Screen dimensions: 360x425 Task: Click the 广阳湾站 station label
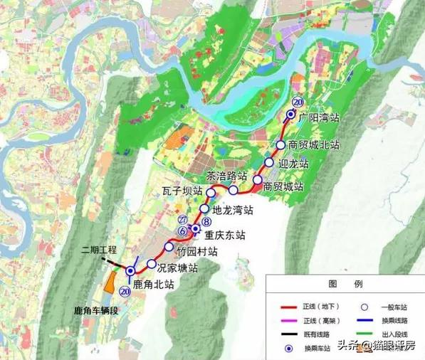(319, 116)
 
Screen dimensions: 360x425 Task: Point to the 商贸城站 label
(283, 187)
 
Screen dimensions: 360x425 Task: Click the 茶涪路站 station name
(226, 176)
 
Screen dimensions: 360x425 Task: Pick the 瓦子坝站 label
(182, 192)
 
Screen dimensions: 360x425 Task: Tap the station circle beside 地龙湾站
(205, 209)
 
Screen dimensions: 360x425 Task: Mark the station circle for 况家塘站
(152, 264)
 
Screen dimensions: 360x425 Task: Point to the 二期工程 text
(100, 250)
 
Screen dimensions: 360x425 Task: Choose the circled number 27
(183, 219)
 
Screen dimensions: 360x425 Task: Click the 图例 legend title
(345, 283)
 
